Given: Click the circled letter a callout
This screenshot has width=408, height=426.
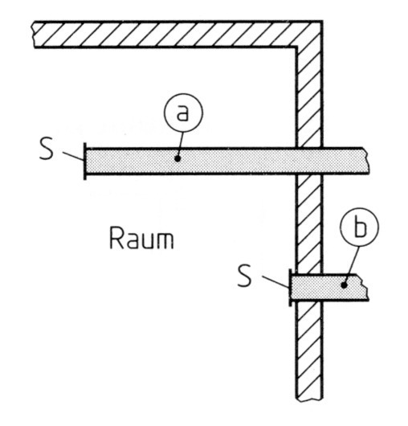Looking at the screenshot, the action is (183, 113).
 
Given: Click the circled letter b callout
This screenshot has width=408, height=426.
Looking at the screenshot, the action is (360, 227).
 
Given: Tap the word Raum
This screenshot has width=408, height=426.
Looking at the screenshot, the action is (141, 238).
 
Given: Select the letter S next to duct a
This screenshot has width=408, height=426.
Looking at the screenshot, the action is (47, 149).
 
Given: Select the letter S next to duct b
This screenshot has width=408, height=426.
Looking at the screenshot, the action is (244, 275).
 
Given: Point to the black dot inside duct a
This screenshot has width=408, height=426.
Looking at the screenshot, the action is (177, 158).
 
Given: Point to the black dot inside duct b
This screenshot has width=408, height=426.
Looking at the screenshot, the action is (344, 285).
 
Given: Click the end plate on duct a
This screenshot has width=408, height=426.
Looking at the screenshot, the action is (85, 161).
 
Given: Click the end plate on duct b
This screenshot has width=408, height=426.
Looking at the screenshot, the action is (290, 288).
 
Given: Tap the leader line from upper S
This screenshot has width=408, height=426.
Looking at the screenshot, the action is (73, 156).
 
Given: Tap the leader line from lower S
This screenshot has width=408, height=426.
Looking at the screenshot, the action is (275, 281).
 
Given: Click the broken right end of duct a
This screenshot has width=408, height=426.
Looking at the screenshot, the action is (366, 161).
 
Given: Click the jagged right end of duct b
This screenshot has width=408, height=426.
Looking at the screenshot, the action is (365, 288).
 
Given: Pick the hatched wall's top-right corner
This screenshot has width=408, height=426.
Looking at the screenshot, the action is (322, 21).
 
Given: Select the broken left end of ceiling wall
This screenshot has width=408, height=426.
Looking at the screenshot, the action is (33, 35).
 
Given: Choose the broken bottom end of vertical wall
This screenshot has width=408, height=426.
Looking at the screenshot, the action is (309, 399).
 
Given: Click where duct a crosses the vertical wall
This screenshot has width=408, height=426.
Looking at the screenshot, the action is (309, 161).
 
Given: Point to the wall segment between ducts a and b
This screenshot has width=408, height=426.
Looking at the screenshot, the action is (309, 224).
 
